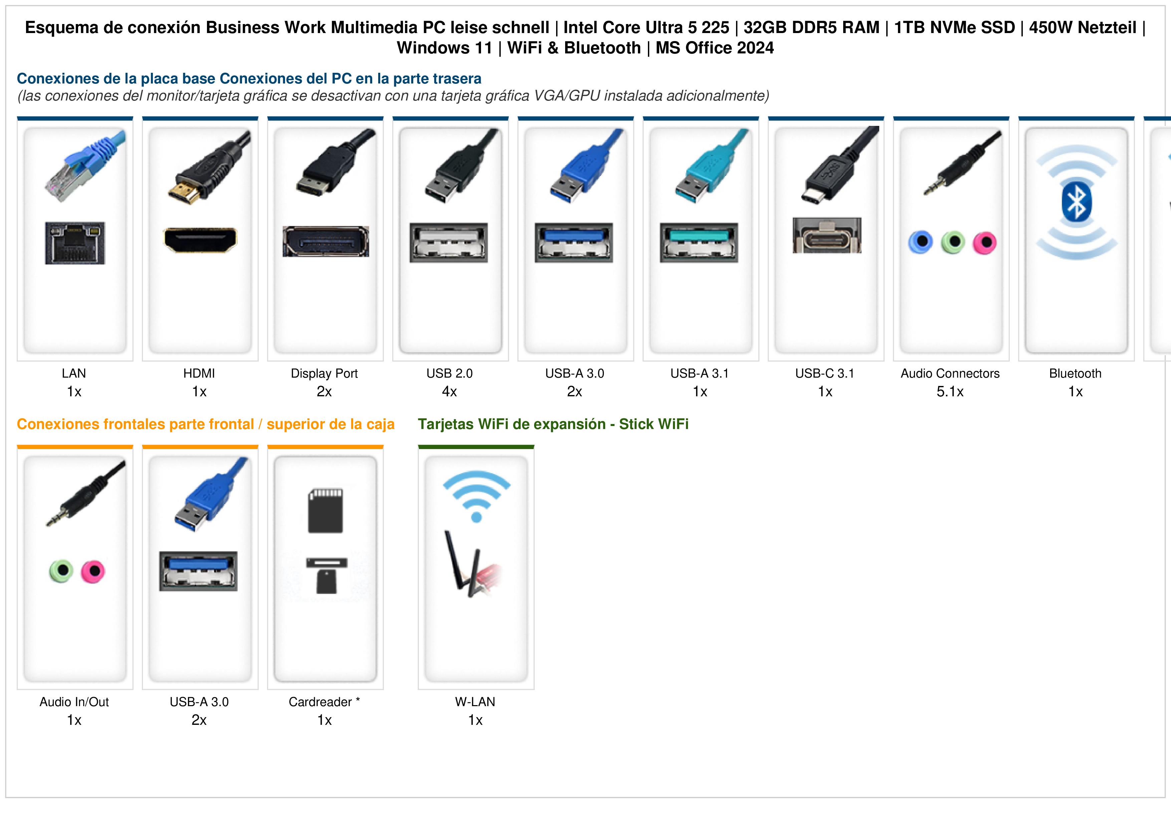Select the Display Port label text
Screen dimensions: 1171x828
[324, 374]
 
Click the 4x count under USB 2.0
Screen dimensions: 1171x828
[449, 392]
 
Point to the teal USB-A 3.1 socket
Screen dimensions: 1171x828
[699, 243]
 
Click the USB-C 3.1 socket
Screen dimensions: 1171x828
[827, 236]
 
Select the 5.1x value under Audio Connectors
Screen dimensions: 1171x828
[950, 392]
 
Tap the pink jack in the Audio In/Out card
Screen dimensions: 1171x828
[93, 571]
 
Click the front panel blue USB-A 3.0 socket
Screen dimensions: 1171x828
[198, 571]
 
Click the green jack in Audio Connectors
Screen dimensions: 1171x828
[953, 242]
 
